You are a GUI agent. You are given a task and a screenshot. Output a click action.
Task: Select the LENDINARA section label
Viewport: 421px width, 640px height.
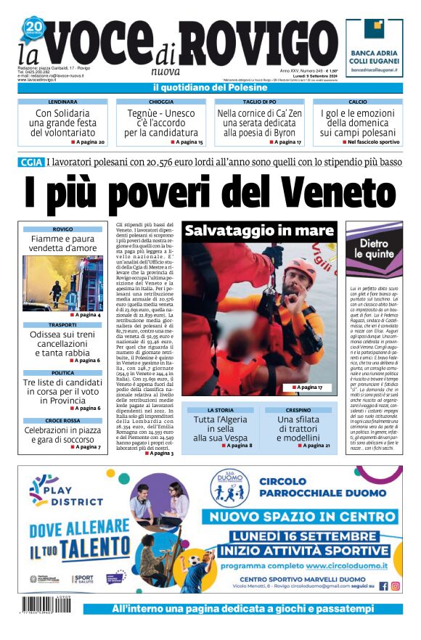pos(62,102)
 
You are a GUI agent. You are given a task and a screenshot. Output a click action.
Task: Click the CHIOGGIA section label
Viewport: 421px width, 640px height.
pos(160,102)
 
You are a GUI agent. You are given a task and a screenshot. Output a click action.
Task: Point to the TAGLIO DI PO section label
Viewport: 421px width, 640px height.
pos(259,102)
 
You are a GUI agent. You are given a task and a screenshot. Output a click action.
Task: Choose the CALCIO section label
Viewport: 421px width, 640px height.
pos(358,102)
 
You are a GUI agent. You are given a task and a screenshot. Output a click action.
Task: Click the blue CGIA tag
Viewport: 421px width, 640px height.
pos(30,162)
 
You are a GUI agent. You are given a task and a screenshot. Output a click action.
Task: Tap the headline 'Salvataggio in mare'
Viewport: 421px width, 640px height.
pos(258,231)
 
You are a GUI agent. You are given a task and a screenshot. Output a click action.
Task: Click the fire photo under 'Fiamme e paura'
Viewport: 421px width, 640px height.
pos(62,283)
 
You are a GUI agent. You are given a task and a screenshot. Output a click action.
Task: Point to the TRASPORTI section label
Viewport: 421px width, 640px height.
pos(62,324)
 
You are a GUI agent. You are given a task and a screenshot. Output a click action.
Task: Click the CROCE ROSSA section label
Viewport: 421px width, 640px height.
pos(62,420)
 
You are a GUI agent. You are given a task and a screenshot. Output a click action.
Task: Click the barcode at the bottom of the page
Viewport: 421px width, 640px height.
pos(47,604)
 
